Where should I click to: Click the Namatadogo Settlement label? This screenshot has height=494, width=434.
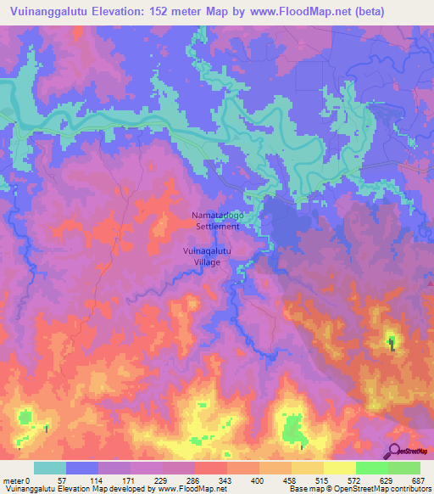point(218,222)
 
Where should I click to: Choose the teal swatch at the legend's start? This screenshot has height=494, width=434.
point(50,468)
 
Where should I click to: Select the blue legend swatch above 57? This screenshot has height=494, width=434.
point(82,468)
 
